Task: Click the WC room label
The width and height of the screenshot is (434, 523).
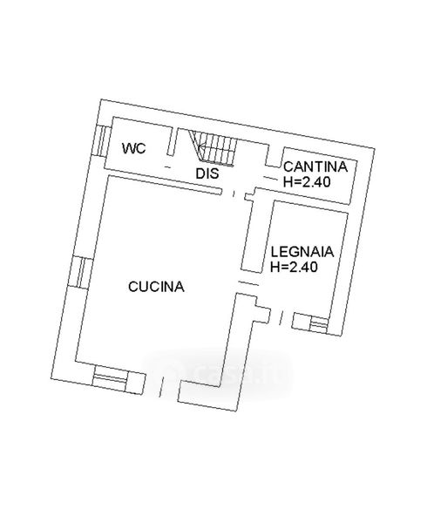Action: click(x=133, y=148)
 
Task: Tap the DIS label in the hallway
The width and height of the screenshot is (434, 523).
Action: click(x=207, y=173)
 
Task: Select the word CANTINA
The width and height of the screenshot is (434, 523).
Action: click(x=315, y=166)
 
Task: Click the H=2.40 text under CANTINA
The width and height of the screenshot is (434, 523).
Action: click(x=307, y=182)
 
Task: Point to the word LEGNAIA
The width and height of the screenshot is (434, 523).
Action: click(x=302, y=251)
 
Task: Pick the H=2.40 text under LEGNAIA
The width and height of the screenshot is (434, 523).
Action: click(x=294, y=267)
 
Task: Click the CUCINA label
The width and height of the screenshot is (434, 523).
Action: click(x=156, y=287)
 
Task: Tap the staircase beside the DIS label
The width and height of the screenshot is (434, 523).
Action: click(x=214, y=148)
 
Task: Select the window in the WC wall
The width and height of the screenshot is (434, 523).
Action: click(x=103, y=141)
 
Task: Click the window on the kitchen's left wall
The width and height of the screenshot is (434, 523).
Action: click(x=80, y=273)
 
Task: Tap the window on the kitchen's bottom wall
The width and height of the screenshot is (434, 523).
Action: click(x=110, y=378)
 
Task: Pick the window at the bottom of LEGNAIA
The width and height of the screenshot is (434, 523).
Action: click(x=318, y=324)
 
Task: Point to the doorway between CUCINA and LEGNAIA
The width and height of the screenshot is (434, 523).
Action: click(x=248, y=283)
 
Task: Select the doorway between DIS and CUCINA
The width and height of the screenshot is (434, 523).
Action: click(x=234, y=194)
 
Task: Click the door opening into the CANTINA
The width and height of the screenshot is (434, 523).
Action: click(x=271, y=179)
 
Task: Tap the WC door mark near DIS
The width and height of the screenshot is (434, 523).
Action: click(x=168, y=166)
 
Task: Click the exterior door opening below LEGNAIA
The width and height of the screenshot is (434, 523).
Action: click(x=281, y=317)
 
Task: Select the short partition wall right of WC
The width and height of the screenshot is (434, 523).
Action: click(x=173, y=141)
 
